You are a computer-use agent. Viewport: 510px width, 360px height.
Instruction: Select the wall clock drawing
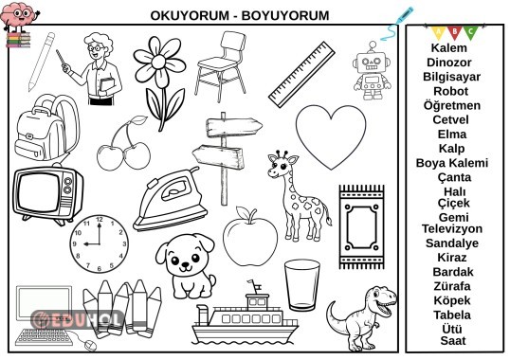[97, 241]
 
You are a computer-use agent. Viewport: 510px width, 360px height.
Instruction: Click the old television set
[43, 196]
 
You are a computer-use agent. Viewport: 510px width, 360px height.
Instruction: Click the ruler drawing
[302, 72]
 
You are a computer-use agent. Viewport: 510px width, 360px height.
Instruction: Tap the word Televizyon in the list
[452, 228]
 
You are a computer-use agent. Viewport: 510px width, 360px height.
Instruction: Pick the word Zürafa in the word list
[453, 285]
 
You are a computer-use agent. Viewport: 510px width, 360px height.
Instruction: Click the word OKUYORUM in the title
[187, 15]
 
